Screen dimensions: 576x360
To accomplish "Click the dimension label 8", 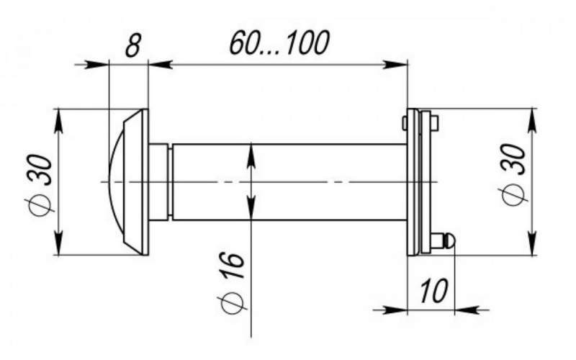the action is tap(132, 45).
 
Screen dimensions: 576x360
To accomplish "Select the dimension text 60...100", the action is tap(279, 42).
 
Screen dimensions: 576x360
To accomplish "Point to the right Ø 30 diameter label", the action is tap(513, 174).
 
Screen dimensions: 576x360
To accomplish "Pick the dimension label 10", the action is tap(433, 291).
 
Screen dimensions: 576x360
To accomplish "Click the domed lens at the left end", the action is tap(117, 182).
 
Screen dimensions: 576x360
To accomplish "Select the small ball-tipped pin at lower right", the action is tap(444, 241).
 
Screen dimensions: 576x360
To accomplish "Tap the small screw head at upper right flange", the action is tap(434, 123).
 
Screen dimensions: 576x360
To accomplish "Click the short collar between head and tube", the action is tap(158, 182).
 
